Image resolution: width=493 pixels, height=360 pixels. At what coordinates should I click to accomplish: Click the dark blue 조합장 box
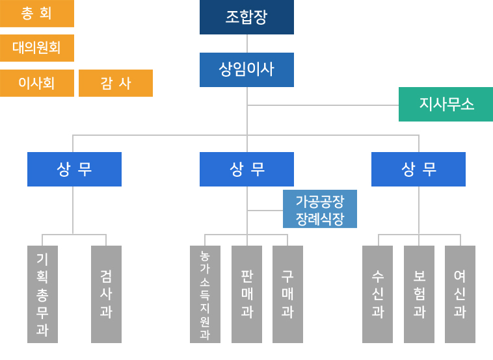(x=246, y=17)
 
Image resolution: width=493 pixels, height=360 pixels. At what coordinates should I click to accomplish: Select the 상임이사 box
(x=246, y=70)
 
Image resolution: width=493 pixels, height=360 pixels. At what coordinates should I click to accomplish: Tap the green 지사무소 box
(x=446, y=104)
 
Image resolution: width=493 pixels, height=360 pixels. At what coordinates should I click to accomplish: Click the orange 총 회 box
(x=37, y=14)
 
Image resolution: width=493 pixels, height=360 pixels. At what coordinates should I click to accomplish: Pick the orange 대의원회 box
(x=37, y=48)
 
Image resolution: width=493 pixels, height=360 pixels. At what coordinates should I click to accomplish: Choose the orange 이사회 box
(x=37, y=83)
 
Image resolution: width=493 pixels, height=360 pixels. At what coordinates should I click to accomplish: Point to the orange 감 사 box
(x=116, y=83)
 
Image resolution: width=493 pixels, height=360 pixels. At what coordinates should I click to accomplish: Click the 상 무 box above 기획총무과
(x=74, y=169)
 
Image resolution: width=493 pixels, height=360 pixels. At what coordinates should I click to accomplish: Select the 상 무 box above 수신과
(x=418, y=169)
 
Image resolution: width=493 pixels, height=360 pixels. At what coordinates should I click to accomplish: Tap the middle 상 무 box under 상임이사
(x=246, y=169)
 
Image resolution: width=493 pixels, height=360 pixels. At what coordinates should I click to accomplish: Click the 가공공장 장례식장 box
(x=320, y=209)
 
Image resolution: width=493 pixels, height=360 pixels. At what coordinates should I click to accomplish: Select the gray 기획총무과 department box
(x=42, y=294)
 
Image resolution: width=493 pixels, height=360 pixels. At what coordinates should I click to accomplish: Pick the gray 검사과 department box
(x=106, y=294)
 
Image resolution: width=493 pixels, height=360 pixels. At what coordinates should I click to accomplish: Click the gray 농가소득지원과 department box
(x=205, y=294)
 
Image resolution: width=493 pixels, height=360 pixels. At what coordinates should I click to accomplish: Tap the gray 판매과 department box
(x=246, y=294)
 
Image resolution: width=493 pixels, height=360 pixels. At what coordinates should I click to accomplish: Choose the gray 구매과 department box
(x=287, y=294)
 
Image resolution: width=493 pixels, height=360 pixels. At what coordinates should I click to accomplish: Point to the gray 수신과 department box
(x=377, y=294)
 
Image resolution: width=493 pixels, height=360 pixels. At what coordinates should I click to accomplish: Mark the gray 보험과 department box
(x=419, y=294)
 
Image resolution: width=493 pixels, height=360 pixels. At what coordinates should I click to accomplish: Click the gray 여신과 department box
(x=460, y=294)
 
